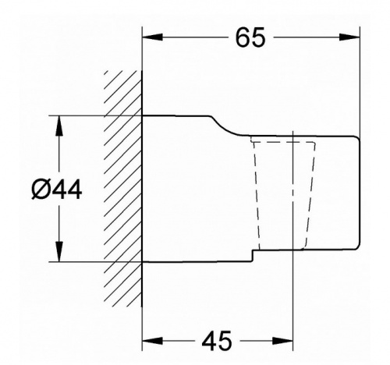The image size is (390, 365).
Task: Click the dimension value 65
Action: coord(250,37)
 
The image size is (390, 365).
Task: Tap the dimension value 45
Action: coord(216,341)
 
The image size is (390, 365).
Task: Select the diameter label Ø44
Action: coord(57,190)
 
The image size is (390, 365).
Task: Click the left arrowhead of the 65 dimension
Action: coord(152,37)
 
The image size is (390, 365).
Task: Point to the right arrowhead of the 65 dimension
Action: coord(349,37)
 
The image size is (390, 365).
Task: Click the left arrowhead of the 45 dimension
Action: coord(152,341)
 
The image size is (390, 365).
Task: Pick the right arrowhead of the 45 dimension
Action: coord(282,341)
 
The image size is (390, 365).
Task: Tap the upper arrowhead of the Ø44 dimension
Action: coord(59,126)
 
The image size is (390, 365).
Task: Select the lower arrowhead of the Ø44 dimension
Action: coord(59,251)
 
